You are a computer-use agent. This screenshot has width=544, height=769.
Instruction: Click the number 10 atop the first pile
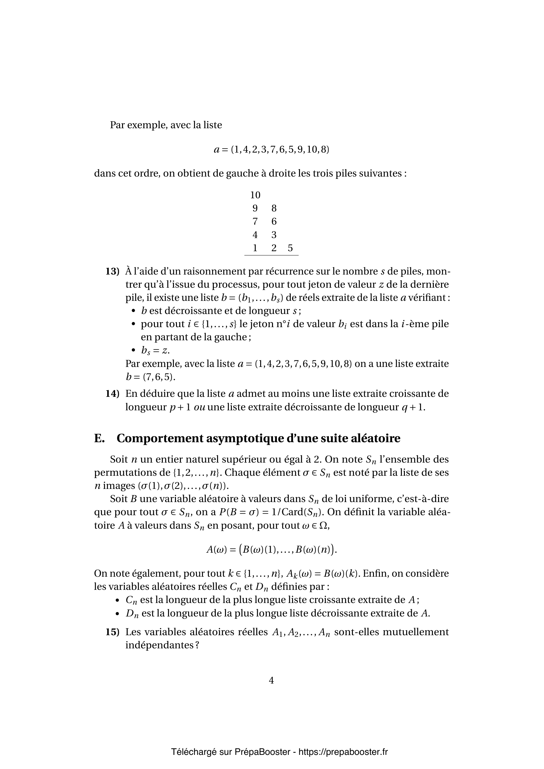point(255,195)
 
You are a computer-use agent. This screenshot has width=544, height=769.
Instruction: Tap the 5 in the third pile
point(290,248)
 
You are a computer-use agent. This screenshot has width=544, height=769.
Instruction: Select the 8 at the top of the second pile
point(274,208)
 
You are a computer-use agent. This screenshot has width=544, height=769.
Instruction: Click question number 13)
point(112,271)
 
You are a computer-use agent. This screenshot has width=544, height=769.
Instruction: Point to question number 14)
point(112,394)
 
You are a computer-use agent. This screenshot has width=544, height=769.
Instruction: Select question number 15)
point(112,632)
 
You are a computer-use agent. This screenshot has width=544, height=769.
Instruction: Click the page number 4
point(271,680)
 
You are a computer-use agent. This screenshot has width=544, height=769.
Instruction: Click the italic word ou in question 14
point(199,407)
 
